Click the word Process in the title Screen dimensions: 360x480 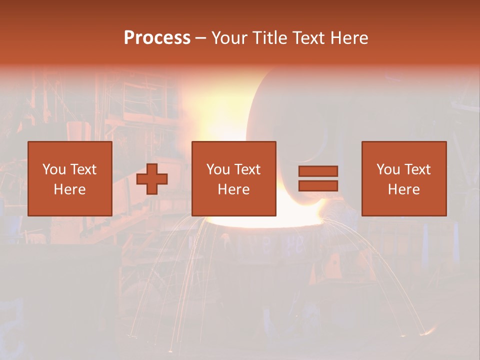(x=157, y=38)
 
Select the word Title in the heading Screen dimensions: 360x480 (x=269, y=38)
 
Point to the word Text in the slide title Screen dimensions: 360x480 (x=308, y=38)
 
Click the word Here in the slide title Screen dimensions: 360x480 (x=349, y=38)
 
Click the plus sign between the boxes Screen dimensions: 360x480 (x=152, y=179)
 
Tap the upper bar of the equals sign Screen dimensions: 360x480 (x=318, y=171)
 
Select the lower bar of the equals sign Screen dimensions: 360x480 (x=318, y=186)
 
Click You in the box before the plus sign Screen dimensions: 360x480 (x=54, y=169)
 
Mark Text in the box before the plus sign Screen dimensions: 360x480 (x=83, y=169)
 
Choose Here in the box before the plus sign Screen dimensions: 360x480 (x=69, y=189)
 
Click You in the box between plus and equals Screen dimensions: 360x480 (x=218, y=169)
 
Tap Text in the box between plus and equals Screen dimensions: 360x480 (x=247, y=169)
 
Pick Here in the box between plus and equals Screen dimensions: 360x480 (x=233, y=189)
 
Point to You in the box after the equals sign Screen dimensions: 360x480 (x=388, y=169)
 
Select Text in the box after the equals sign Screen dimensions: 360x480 (x=417, y=169)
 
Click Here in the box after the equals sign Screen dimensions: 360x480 (x=403, y=189)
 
